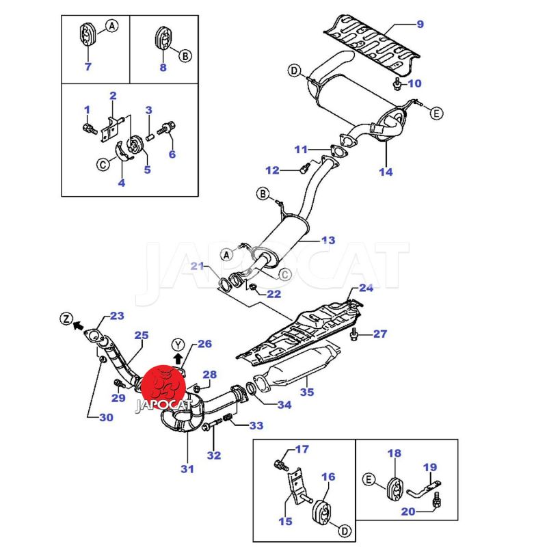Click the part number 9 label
point(420,25)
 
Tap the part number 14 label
point(386,172)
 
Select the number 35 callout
point(307,392)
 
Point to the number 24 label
point(366,288)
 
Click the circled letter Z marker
point(66,319)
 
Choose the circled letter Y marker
point(178,343)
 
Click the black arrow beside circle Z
point(78,326)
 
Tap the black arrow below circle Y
point(178,358)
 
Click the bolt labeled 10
point(397,84)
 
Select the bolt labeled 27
point(354,334)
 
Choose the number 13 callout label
point(328,240)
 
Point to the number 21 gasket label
point(197,265)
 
